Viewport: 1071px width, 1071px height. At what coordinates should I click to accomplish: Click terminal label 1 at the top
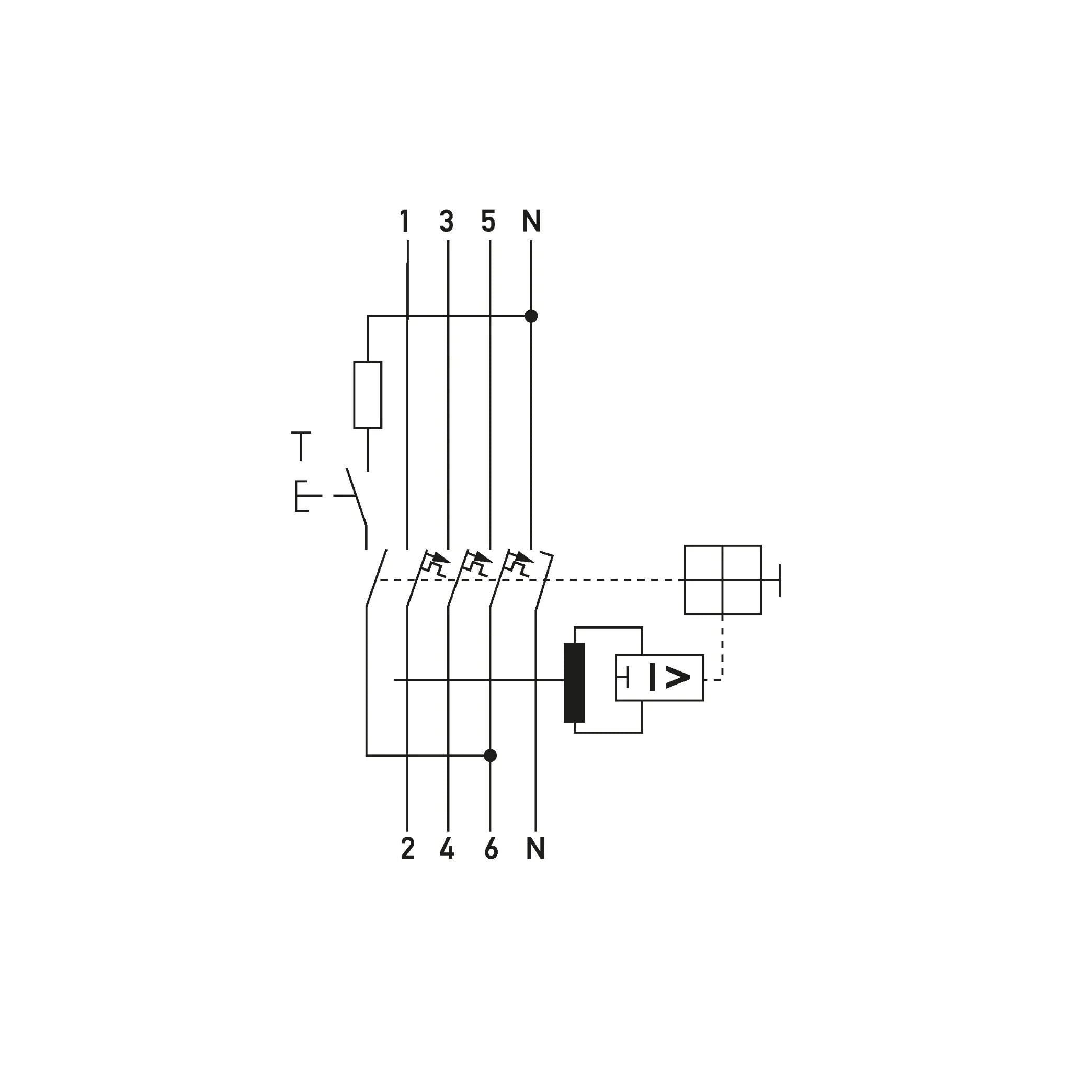click(x=405, y=221)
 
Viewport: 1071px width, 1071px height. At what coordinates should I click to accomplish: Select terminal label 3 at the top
click(x=447, y=221)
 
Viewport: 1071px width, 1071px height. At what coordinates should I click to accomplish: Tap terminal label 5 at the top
click(x=488, y=221)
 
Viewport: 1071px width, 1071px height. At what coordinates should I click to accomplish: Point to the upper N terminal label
click(x=532, y=221)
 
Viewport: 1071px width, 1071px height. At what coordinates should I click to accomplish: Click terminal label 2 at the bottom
click(x=408, y=848)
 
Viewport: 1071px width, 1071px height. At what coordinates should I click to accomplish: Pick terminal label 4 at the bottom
click(x=447, y=848)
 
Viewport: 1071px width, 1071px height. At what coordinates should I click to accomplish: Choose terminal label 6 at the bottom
click(x=491, y=848)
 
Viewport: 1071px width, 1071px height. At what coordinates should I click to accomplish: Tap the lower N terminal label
click(x=535, y=848)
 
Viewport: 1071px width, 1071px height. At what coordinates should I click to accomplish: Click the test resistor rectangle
click(x=368, y=395)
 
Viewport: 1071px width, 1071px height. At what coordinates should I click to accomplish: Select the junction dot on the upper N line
click(x=531, y=316)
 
